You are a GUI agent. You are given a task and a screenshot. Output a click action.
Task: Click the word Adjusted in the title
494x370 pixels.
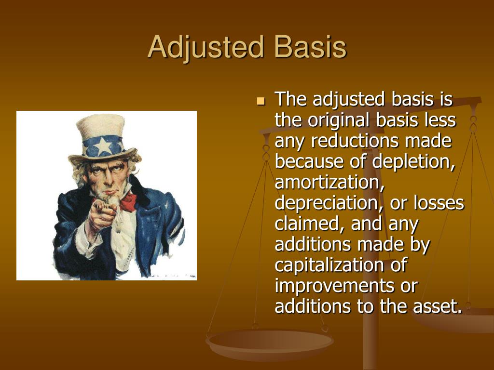[206, 47]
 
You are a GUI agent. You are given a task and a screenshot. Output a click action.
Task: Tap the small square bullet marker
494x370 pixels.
[261, 101]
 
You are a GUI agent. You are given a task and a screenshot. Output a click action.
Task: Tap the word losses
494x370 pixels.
[439, 203]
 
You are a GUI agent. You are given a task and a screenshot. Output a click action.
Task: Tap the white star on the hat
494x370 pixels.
[103, 145]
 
